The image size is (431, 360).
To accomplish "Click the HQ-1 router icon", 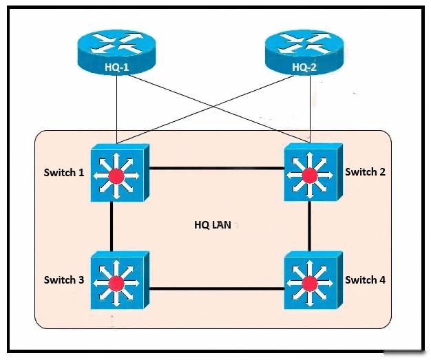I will click(117, 52).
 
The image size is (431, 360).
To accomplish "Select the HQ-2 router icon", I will click(304, 52).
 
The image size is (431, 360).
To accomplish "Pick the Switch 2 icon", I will click(311, 173).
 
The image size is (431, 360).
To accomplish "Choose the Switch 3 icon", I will click(117, 280).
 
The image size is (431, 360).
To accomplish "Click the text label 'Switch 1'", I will click(64, 172).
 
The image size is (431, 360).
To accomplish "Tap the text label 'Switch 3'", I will click(64, 279).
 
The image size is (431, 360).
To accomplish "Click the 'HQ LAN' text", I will click(213, 225).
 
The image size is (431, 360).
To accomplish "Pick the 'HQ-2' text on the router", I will click(303, 67).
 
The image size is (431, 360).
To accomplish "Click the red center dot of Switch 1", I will click(117, 176).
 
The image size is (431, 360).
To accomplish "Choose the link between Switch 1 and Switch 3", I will click(111, 227).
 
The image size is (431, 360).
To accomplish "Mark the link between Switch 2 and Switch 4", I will click(310, 227).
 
